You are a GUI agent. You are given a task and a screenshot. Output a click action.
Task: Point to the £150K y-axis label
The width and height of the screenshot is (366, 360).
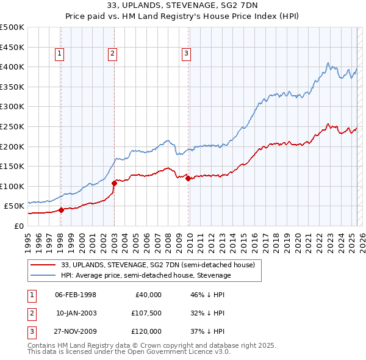tap(12, 166)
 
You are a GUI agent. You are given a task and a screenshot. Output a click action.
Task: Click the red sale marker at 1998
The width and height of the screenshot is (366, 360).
tap(61, 211)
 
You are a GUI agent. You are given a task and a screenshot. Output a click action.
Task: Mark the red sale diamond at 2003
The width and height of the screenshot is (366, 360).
tap(114, 182)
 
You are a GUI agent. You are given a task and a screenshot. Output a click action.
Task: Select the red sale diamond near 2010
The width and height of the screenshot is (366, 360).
tap(188, 178)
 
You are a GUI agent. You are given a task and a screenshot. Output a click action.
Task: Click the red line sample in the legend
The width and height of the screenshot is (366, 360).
tap(44, 264)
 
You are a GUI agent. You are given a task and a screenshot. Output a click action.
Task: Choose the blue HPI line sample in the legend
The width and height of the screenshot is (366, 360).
tap(44, 275)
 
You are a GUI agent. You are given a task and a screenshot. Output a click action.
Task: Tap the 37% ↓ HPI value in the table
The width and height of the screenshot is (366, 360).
tap(207, 331)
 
